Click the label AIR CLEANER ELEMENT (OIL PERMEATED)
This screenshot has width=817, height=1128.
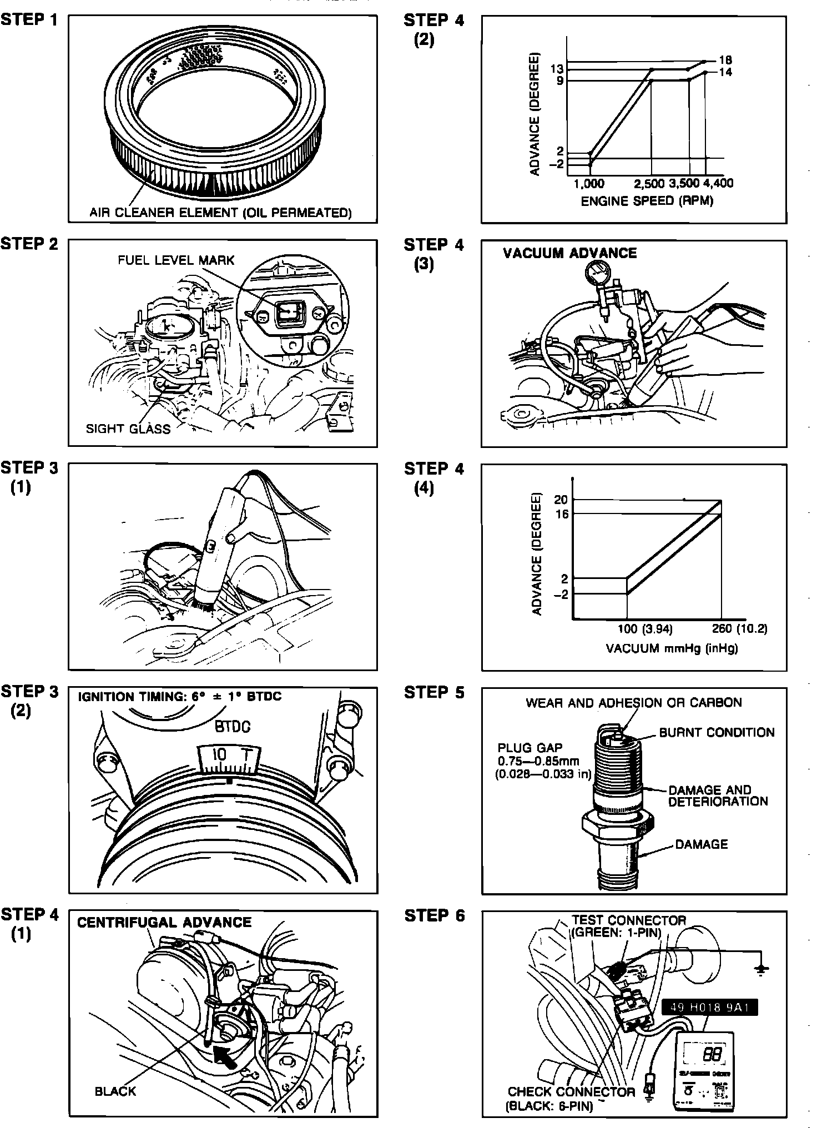pyautogui.click(x=220, y=213)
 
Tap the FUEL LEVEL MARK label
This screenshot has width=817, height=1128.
pyautogui.click(x=176, y=260)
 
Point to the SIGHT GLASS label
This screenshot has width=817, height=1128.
pyautogui.click(x=128, y=429)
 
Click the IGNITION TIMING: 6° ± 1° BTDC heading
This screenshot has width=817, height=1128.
pyautogui.click(x=179, y=696)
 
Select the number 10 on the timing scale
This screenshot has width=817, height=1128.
pyautogui.click(x=219, y=754)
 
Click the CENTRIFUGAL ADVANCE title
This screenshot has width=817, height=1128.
pyautogui.click(x=164, y=922)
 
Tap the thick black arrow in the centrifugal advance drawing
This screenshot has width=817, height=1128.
pyautogui.click(x=224, y=1056)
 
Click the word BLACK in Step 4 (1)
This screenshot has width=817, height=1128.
pyautogui.click(x=115, y=1091)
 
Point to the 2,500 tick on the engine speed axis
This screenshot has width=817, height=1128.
pyautogui.click(x=649, y=184)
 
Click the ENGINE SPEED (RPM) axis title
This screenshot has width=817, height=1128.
pyautogui.click(x=647, y=201)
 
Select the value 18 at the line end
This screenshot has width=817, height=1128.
pyautogui.click(x=725, y=60)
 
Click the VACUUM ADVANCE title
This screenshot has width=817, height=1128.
pyautogui.click(x=569, y=253)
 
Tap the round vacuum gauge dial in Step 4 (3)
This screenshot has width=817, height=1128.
pyautogui.click(x=597, y=274)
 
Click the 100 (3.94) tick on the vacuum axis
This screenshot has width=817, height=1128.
pyautogui.click(x=645, y=629)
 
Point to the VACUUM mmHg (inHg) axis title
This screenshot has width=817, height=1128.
pyautogui.click(x=672, y=648)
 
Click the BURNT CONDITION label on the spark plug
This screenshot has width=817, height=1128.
pyautogui.click(x=717, y=732)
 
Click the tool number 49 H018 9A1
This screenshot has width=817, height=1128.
pyautogui.click(x=709, y=1008)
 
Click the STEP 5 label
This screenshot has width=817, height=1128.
pyautogui.click(x=434, y=692)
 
